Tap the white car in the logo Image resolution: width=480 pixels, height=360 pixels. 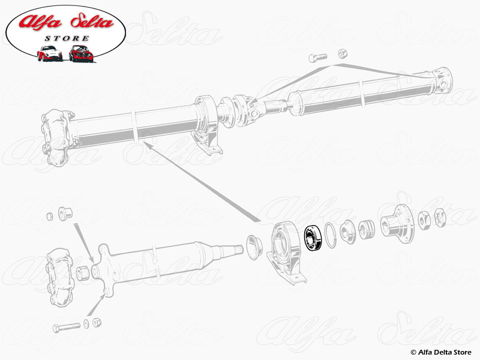point(49,53)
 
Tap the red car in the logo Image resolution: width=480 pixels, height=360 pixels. point(81,53)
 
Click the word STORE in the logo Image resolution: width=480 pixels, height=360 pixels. point(67,38)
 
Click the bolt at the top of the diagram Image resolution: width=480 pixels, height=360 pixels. point(318,57)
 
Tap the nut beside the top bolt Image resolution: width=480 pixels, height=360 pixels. point(343,53)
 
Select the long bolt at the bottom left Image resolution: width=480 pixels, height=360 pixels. point(67,327)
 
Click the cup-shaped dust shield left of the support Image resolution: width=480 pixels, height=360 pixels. point(254,247)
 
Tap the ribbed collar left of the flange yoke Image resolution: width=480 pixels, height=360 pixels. point(366,230)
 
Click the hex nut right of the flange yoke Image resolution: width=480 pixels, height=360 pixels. point(425,220)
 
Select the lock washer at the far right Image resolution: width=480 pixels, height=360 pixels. point(440,217)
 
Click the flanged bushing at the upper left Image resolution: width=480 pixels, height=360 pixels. point(65,212)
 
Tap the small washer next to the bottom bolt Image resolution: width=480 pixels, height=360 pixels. point(86,324)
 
